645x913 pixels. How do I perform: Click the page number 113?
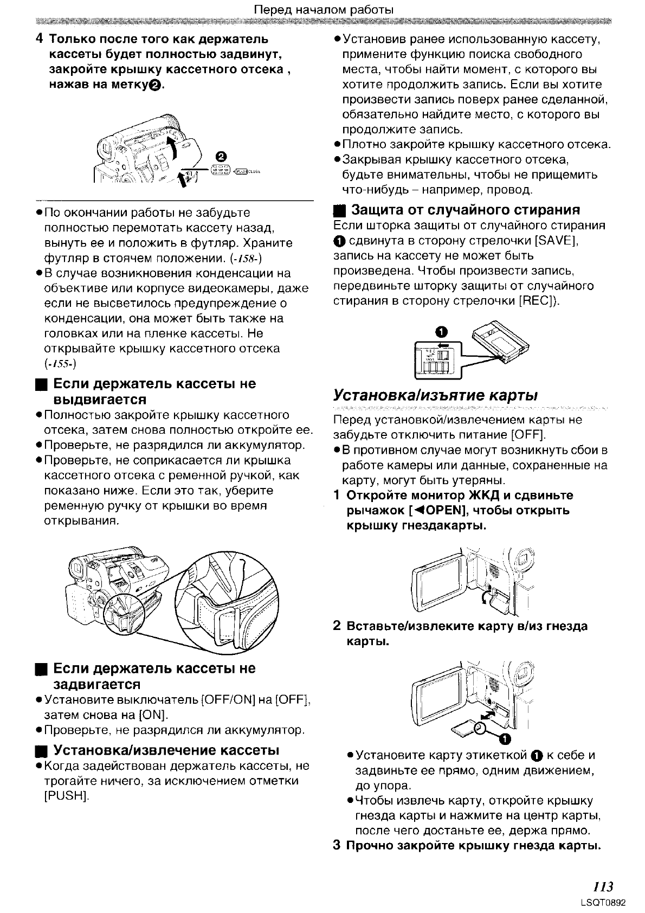click(602, 886)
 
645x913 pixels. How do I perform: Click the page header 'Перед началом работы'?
click(324, 10)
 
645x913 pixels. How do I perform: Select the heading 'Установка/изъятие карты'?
click(435, 395)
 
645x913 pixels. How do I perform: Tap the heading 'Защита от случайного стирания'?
click(466, 210)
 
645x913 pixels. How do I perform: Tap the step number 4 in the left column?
click(39, 40)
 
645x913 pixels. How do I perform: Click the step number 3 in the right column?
click(337, 846)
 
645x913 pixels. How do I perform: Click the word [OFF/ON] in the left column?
click(228, 700)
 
